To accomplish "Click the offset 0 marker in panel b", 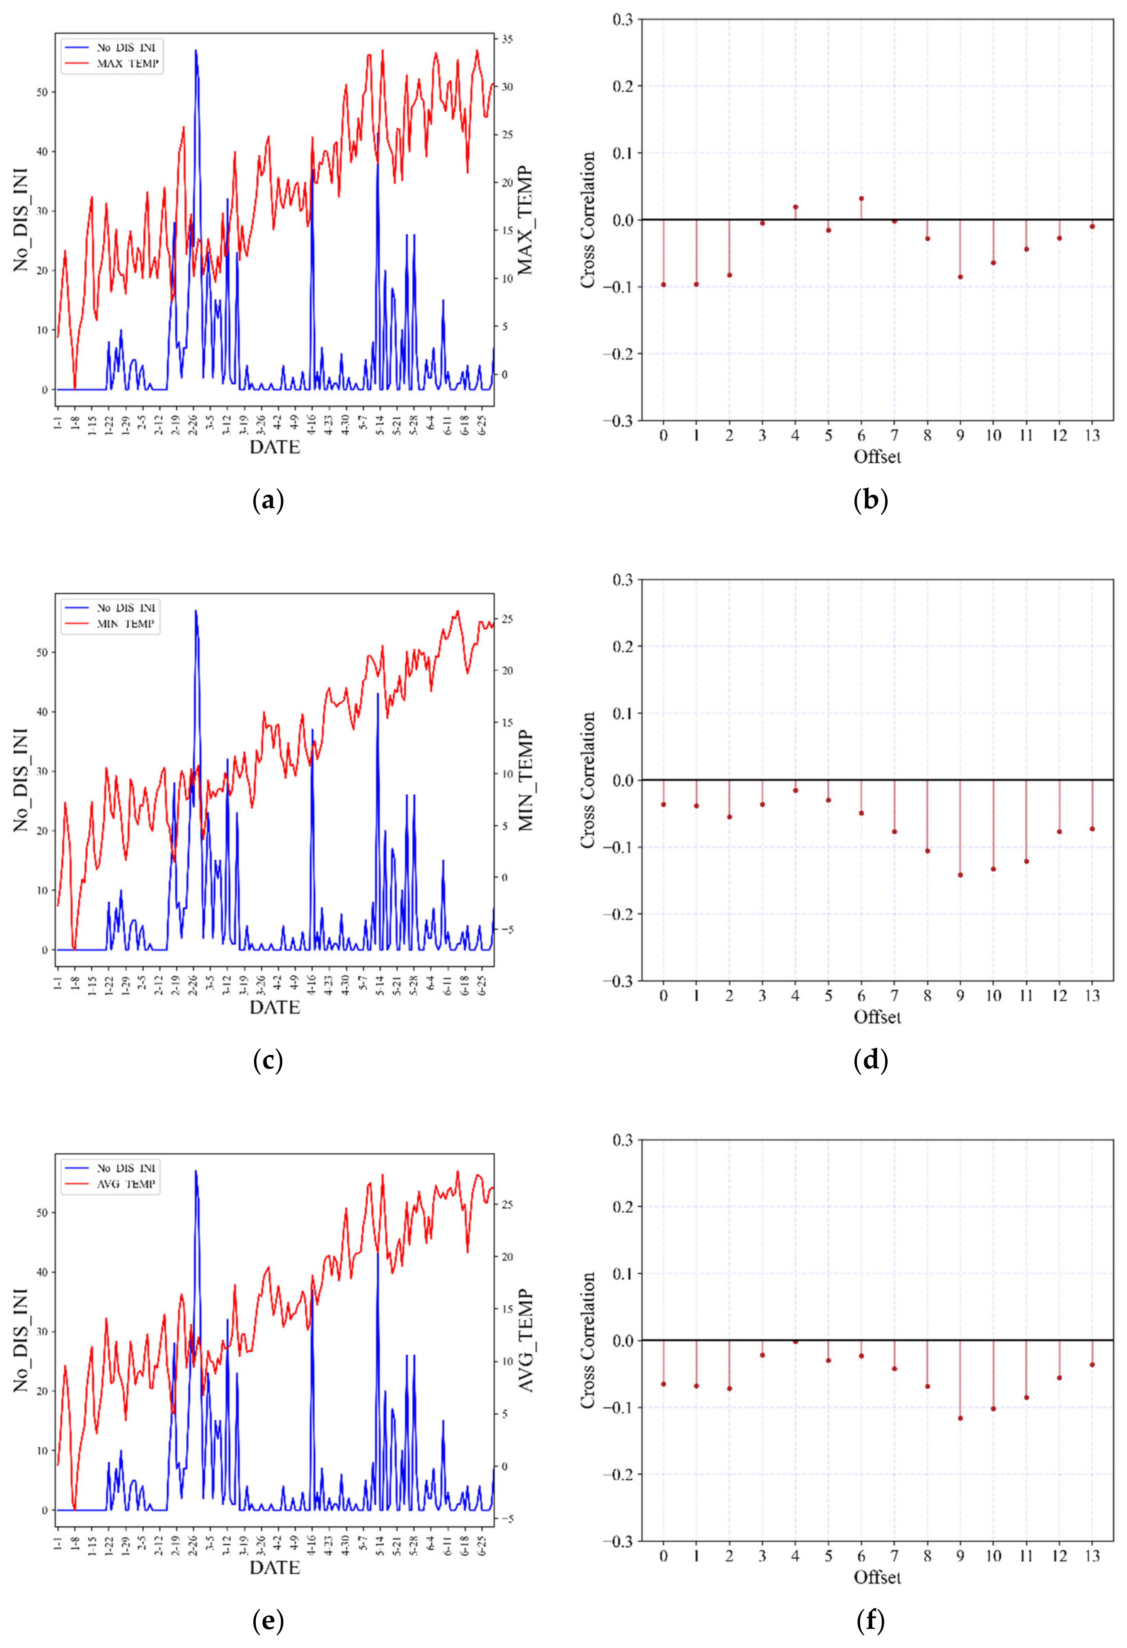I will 663,284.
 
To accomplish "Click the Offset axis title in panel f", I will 877,1577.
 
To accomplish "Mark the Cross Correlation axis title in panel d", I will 587,780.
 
